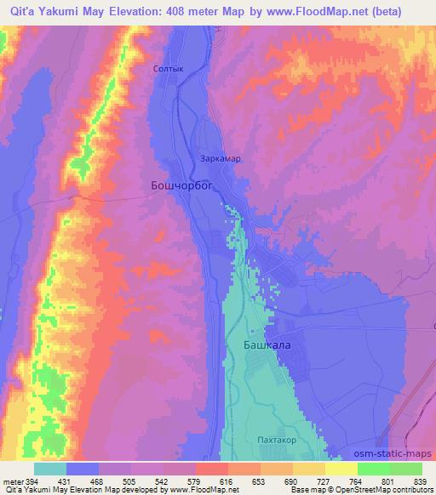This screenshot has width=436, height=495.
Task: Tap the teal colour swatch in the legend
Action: tap(51, 469)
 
